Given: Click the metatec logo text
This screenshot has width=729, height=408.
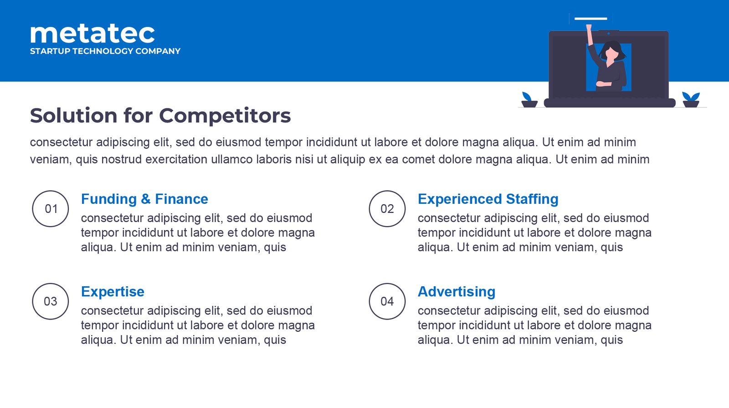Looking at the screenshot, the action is point(92,34).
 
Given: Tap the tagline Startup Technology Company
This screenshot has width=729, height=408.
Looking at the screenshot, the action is point(105,51).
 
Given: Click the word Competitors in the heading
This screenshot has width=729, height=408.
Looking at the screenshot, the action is point(225,116).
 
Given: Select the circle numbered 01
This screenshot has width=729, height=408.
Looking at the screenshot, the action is point(51,209).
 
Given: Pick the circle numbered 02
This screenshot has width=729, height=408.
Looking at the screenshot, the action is point(387,209).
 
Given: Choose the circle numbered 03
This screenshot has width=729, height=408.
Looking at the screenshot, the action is point(51,301).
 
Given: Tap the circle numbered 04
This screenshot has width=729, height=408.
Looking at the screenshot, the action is point(387,301).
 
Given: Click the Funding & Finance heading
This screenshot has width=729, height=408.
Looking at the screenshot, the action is point(144,199).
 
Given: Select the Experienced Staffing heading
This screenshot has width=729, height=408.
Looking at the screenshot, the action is point(488,199).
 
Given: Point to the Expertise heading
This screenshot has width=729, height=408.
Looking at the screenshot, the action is point(113,292).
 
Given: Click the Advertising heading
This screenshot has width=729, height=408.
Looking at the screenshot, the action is point(457,292).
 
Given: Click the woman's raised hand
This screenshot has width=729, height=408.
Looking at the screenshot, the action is point(589,27).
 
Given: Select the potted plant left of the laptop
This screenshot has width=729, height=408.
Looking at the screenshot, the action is point(529,100).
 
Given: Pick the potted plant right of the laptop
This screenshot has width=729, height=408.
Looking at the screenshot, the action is point(691,100).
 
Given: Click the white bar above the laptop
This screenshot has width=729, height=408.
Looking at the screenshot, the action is point(590,19).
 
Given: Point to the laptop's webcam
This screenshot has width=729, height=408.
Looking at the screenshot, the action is point(609,33).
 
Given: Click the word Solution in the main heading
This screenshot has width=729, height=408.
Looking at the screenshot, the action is point(74,116).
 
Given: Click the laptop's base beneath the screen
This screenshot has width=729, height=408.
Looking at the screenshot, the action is point(610,103).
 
